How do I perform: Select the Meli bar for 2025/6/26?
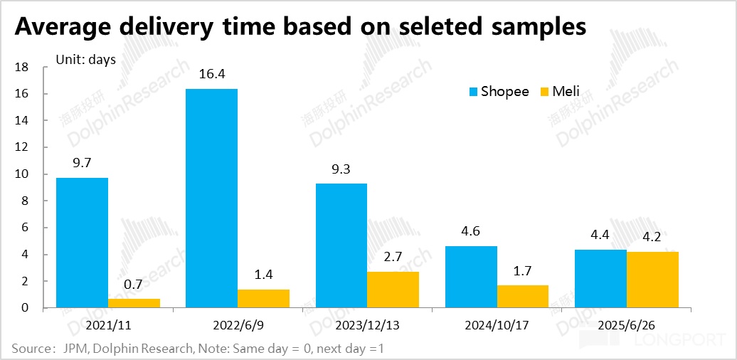click(652, 280)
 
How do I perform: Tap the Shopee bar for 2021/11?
click(82, 243)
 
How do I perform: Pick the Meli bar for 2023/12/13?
click(393, 290)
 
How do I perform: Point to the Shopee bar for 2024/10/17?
click(471, 277)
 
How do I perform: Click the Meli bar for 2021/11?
click(134, 303)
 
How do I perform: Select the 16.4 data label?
click(211, 74)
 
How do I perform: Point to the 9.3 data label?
click(341, 169)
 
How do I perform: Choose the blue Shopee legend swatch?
click(473, 91)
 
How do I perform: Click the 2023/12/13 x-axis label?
click(367, 327)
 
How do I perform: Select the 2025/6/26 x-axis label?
click(626, 327)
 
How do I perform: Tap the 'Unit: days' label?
click(85, 60)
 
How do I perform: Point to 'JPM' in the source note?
click(74, 349)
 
